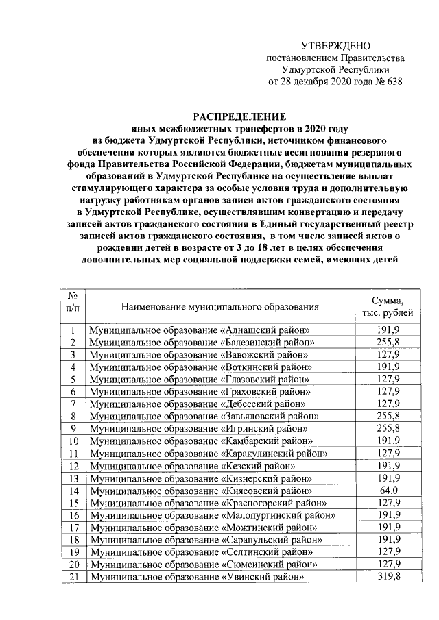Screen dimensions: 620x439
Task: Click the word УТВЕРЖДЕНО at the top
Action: pyautogui.click(x=335, y=45)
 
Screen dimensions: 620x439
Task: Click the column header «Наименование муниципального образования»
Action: pyautogui.click(x=220, y=306)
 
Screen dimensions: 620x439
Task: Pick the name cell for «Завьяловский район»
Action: pyautogui.click(x=204, y=417)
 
